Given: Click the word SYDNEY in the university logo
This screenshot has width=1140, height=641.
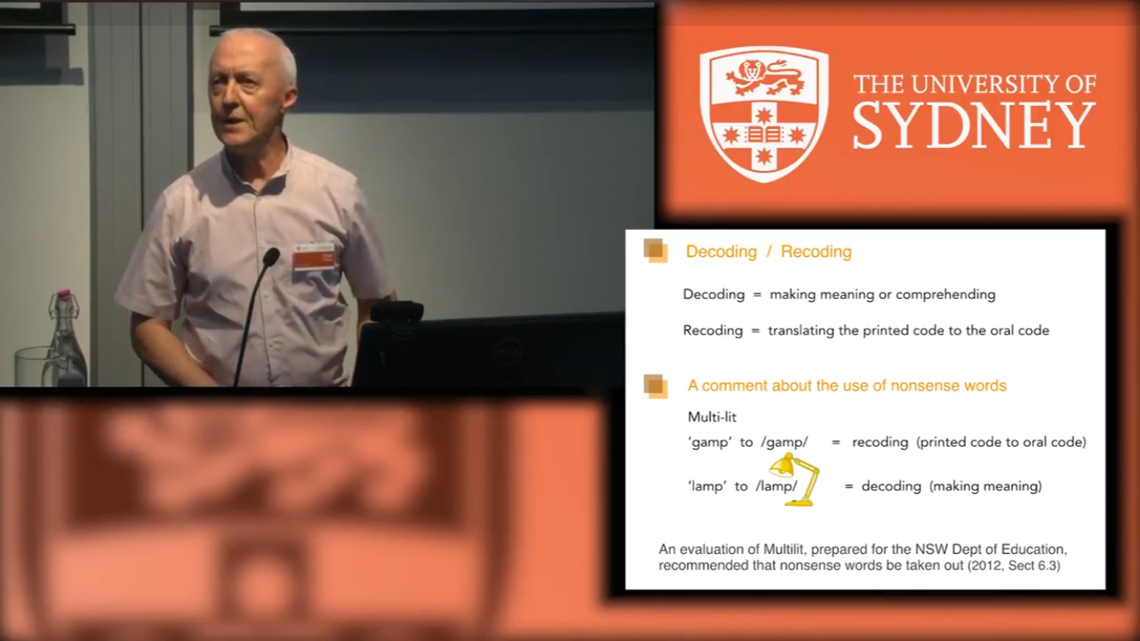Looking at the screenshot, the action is pyautogui.click(x=974, y=126).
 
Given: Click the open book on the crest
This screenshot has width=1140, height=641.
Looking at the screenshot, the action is pyautogui.click(x=763, y=135).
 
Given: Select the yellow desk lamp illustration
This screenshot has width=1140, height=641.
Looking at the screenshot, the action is pyautogui.click(x=795, y=479).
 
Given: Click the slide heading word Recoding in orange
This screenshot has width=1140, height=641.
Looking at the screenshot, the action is pyautogui.click(x=816, y=251).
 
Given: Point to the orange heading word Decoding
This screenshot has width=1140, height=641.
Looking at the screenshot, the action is pyautogui.click(x=721, y=251).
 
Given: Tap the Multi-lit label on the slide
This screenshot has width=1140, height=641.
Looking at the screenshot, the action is pyautogui.click(x=712, y=417).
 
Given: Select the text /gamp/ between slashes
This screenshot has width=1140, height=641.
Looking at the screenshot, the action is pyautogui.click(x=784, y=443).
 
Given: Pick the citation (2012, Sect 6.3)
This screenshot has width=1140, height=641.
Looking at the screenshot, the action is pyautogui.click(x=1014, y=566).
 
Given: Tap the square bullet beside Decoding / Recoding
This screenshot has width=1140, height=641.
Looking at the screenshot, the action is pyautogui.click(x=655, y=250).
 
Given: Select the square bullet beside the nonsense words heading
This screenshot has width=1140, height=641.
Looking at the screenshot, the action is pyautogui.click(x=655, y=386).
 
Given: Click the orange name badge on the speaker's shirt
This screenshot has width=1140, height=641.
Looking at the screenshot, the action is pyautogui.click(x=314, y=256).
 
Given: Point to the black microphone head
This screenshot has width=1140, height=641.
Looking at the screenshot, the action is pyautogui.click(x=271, y=257).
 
